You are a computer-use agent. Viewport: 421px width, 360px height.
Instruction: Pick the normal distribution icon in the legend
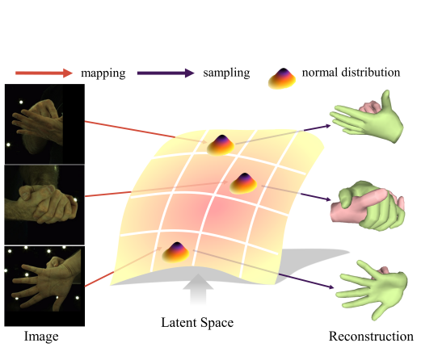point(280,77)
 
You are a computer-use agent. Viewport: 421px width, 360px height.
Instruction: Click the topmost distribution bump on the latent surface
point(220,144)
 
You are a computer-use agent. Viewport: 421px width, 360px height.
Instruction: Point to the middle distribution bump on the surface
point(243,183)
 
